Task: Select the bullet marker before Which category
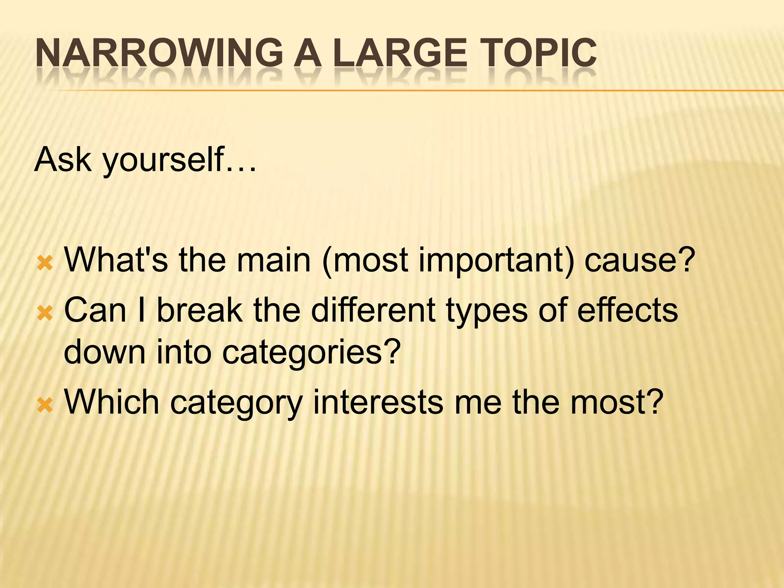[45, 405]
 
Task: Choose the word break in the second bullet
[199, 310]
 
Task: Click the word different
[373, 310]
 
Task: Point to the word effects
[627, 310]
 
